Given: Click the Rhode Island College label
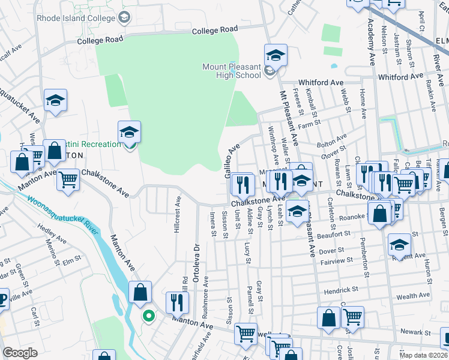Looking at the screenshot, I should (x=80, y=17).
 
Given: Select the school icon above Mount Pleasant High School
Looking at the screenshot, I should (x=276, y=56).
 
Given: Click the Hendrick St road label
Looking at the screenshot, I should (x=341, y=289).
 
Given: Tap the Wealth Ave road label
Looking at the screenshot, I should (x=413, y=296).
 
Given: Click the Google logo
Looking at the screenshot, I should (x=20, y=353).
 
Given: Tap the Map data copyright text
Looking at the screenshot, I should (x=423, y=355).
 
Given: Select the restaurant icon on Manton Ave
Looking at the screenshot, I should (x=176, y=302).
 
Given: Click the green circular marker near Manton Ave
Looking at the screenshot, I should (x=146, y=315).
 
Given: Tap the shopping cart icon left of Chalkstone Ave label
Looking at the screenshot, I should (x=68, y=179).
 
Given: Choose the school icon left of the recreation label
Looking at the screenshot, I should (x=129, y=133).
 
